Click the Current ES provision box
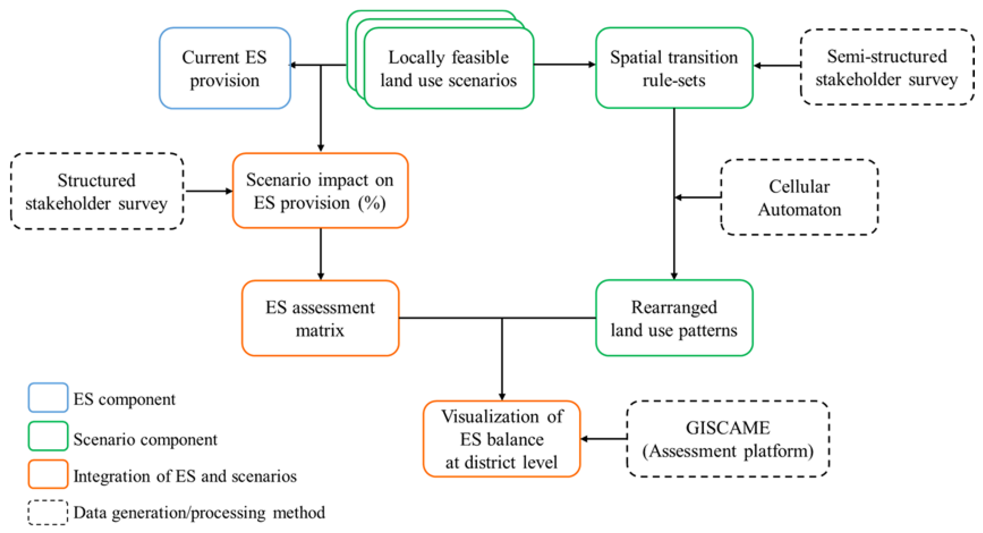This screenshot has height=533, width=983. (x=225, y=68)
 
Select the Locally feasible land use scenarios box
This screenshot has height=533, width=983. (x=448, y=68)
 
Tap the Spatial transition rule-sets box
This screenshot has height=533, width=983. (x=674, y=68)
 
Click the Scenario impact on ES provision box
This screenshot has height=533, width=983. (x=320, y=191)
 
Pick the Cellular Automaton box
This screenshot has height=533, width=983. (x=799, y=197)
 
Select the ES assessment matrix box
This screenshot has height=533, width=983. (x=320, y=318)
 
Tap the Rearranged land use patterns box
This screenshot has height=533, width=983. (x=674, y=318)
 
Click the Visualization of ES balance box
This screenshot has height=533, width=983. (x=501, y=439)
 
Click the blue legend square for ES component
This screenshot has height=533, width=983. (x=48, y=397)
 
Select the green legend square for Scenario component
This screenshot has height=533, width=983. (x=48, y=436)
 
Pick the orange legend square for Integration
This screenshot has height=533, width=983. (x=48, y=474)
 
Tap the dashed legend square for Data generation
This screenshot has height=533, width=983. (x=48, y=512)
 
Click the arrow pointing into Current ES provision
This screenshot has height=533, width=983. (x=305, y=65)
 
